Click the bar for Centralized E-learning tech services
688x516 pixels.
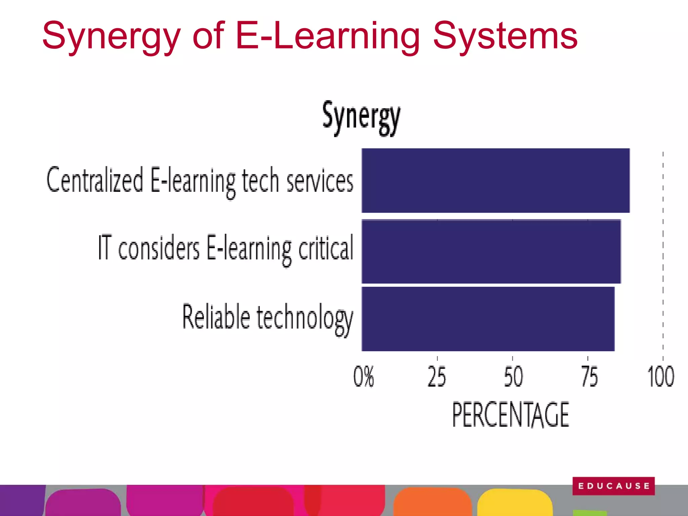[496, 180]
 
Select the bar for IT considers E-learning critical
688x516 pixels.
[491, 251]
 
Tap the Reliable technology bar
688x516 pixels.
[488, 319]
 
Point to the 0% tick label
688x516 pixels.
[363, 377]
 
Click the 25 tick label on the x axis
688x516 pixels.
[437, 377]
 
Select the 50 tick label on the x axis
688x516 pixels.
[513, 377]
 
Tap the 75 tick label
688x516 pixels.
[589, 377]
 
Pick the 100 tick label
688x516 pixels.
[660, 377]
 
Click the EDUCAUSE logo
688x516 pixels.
[613, 486]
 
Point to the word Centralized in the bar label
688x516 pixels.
[95, 180]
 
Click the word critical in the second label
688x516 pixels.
[326, 249]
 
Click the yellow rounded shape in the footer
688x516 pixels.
[515, 502]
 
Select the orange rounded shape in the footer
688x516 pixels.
[432, 502]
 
